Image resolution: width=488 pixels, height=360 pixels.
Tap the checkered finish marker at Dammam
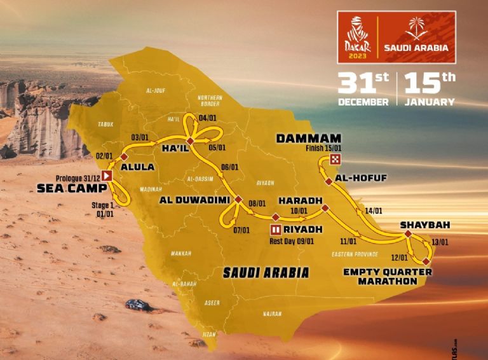click(x=337, y=159)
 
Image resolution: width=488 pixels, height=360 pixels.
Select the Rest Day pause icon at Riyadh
click(x=275, y=230)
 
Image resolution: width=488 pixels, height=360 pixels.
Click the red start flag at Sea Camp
click(x=107, y=176)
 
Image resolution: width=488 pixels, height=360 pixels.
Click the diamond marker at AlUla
click(x=125, y=156)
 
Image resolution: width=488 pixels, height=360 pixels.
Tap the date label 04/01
click(x=207, y=118)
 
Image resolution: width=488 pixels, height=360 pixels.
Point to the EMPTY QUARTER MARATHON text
click(x=388, y=277)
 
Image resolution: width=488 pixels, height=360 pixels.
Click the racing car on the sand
click(x=138, y=305)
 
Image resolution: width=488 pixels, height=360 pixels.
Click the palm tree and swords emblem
click(x=416, y=29)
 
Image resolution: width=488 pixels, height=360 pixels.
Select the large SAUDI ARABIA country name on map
click(x=266, y=273)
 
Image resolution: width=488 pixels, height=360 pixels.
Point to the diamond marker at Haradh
click(x=325, y=208)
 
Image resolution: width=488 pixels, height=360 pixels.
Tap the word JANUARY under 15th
click(x=430, y=102)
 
